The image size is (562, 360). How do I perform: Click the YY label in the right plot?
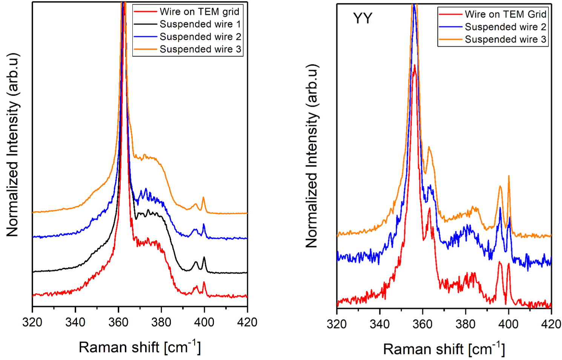362,18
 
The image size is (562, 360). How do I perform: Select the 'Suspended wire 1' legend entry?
200,24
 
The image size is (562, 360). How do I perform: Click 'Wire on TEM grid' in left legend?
199,12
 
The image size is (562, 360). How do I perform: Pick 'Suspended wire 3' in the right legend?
505,39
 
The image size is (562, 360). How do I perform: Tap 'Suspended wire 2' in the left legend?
200,37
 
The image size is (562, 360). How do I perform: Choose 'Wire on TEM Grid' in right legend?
505,14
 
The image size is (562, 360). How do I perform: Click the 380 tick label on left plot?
161,322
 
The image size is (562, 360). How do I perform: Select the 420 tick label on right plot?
551,324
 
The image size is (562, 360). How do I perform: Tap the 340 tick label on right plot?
379,324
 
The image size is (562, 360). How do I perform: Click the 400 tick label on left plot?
204,322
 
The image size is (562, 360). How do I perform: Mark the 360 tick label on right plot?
422,324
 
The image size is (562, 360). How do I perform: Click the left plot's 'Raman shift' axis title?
140,347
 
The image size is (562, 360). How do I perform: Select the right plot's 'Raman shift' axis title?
444,349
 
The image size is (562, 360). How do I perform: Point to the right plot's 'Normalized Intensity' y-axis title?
312,156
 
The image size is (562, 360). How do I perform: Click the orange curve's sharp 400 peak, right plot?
509,176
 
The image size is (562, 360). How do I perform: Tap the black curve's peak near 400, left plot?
204,257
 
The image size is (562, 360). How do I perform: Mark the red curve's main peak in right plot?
415,66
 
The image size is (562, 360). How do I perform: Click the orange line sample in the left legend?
145,49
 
